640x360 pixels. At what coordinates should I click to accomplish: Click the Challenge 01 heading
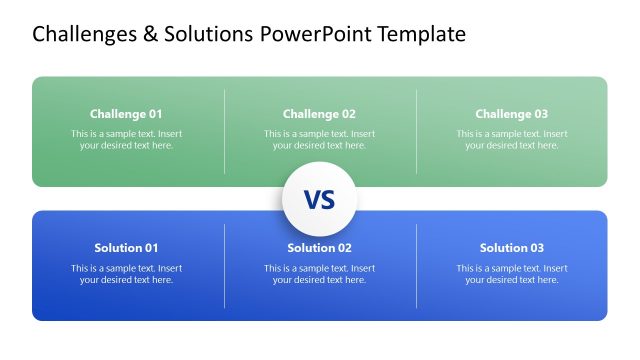[x=126, y=114]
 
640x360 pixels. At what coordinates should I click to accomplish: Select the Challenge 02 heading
[x=319, y=114]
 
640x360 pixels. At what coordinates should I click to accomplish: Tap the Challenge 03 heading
[x=512, y=114]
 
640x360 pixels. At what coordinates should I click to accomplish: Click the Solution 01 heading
[x=126, y=248]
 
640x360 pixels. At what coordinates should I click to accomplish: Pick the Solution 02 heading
[x=319, y=248]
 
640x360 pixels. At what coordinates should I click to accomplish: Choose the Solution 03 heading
[x=512, y=248]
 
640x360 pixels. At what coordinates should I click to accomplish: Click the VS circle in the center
[x=319, y=199]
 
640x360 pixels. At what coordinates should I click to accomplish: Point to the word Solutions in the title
[x=207, y=35]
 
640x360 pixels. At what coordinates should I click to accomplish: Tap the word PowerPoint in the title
[x=320, y=35]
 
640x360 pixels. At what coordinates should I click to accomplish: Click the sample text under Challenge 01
[x=126, y=139]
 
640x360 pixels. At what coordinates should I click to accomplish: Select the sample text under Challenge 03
[x=512, y=139]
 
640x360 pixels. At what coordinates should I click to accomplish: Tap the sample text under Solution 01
[x=126, y=274]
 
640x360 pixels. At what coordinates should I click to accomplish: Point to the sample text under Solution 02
[x=319, y=274]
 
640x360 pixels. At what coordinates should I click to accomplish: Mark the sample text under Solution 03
[x=512, y=274]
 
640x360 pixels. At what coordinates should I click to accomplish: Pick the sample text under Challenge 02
[x=319, y=139]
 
